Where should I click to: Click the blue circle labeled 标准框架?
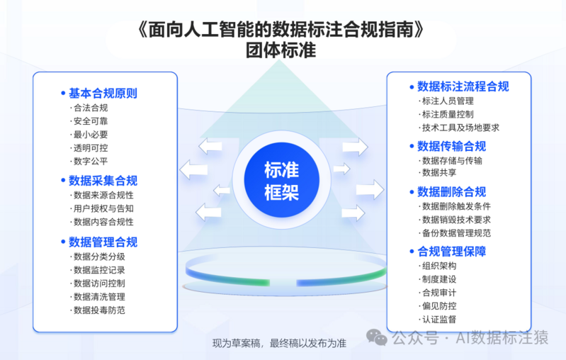[x=281, y=180]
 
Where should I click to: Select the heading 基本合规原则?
[x=103, y=94]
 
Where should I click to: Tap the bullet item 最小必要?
[x=91, y=135]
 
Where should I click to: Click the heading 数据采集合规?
[x=103, y=181]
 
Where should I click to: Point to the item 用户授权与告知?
[x=103, y=209]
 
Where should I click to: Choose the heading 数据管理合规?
[x=103, y=242]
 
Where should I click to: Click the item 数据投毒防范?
[x=99, y=310]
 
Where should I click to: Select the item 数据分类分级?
[x=99, y=257]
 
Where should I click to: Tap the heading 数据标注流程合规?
[x=463, y=86]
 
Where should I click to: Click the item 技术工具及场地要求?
[x=460, y=128]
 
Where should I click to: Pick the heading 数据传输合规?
[x=451, y=146]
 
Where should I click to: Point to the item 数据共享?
[x=439, y=173]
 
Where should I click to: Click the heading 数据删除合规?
[x=451, y=192]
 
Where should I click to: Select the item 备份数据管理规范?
[x=456, y=233]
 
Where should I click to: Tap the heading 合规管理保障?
[x=451, y=252]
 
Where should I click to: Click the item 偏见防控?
[x=439, y=306]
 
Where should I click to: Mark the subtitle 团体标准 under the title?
[x=281, y=50]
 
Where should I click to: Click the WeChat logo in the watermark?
[x=376, y=337]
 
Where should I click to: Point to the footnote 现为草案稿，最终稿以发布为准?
[x=279, y=344]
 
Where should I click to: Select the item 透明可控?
[x=91, y=148]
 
